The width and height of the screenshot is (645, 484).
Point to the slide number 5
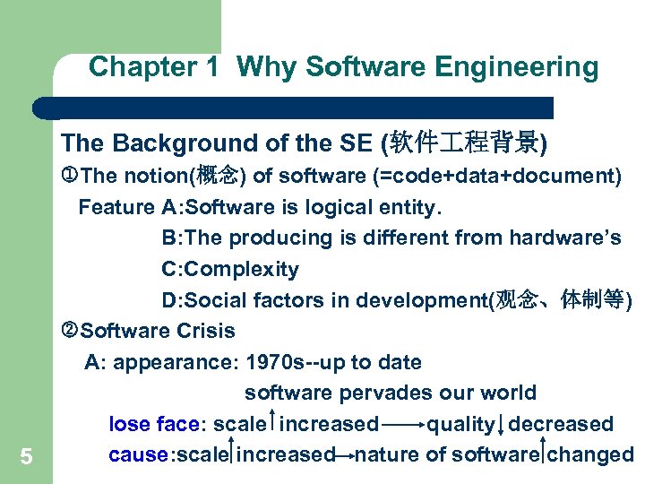[x=26, y=457]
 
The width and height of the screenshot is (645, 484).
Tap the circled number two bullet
[x=72, y=331]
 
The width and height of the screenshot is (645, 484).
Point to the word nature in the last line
[x=387, y=454]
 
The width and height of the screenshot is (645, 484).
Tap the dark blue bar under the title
[x=296, y=108]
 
